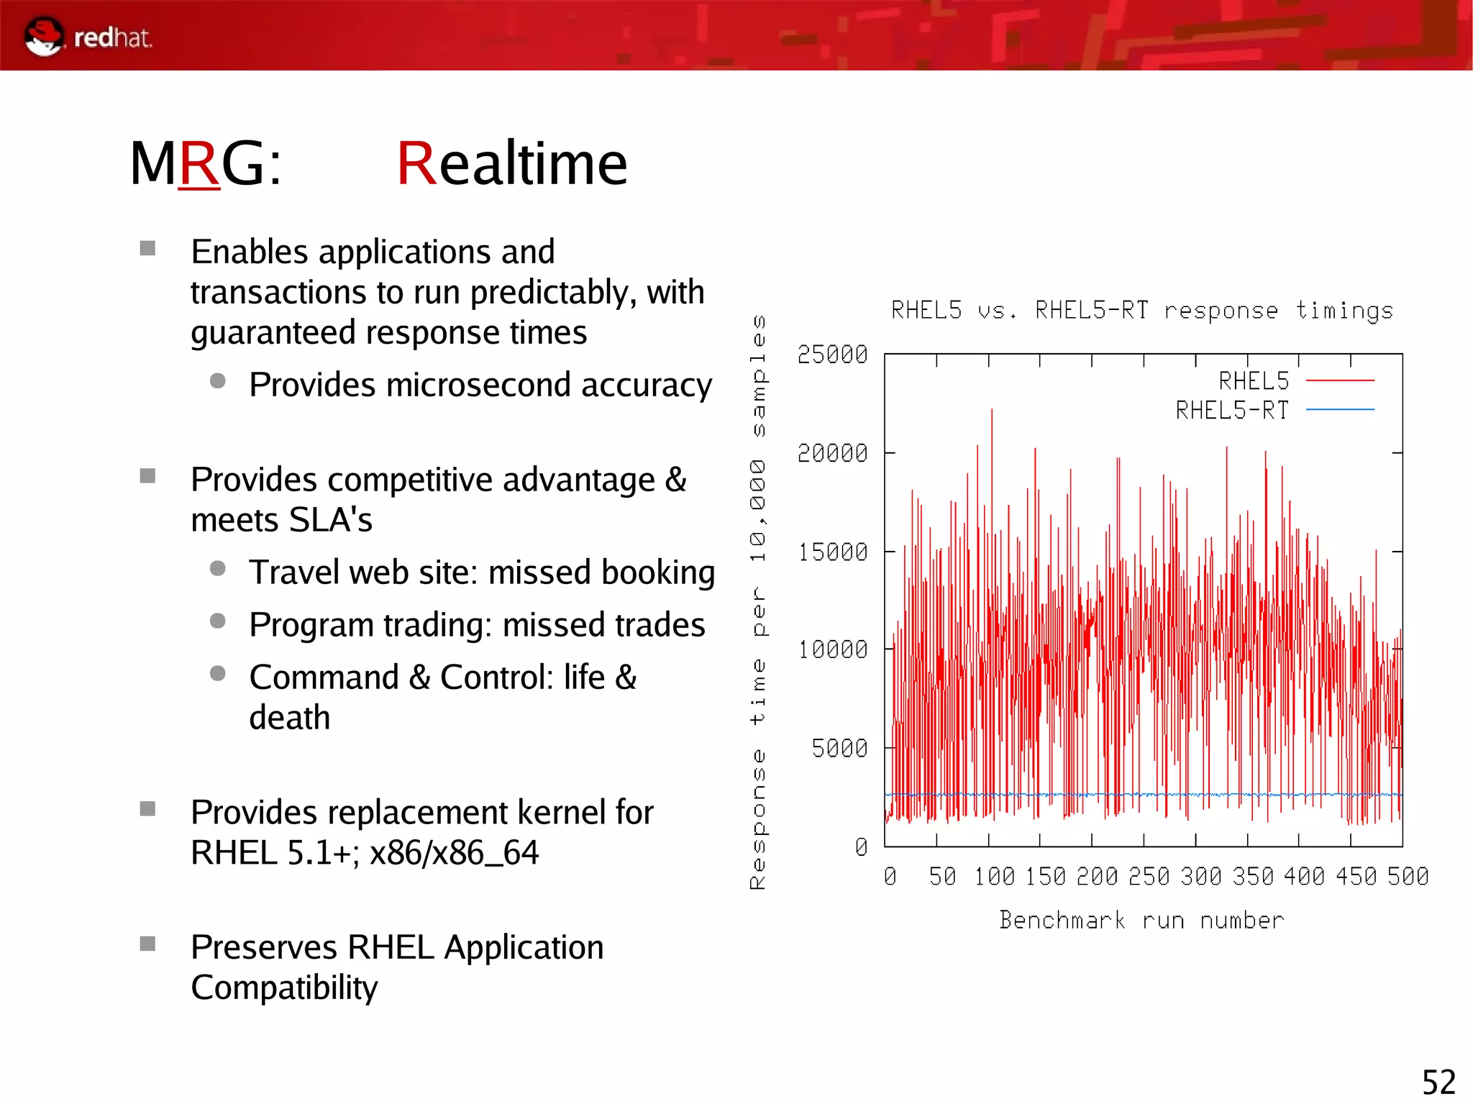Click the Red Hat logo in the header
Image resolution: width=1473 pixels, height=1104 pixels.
coord(88,37)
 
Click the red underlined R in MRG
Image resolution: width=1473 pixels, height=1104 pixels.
coord(199,164)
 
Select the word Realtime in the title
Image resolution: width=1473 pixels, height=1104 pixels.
coord(511,164)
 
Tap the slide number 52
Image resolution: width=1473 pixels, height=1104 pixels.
coord(1438,1082)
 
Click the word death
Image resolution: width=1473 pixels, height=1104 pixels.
coord(289,718)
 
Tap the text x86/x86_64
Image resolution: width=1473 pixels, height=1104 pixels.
coord(454,853)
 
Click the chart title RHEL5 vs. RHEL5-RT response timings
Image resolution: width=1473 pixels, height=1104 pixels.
coord(1142,311)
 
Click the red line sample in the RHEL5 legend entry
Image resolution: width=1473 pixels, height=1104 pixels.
coord(1339,380)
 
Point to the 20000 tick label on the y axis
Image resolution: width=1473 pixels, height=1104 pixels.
coord(832,453)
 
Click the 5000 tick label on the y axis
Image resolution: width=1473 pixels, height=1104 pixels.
coord(839,749)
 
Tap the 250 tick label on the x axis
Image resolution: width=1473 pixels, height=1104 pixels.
coord(1149,877)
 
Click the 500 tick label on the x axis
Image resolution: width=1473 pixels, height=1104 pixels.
coord(1408,877)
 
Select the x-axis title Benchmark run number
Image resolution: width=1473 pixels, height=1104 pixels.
coord(1141,921)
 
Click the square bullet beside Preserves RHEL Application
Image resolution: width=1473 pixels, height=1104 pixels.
coord(147,944)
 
